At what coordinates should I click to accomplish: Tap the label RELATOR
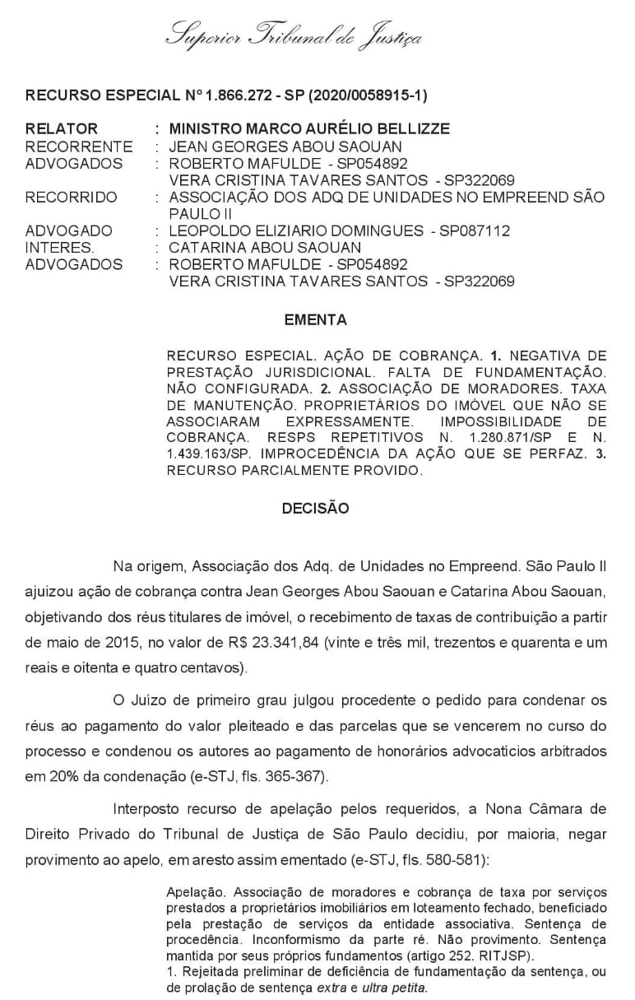coord(62,129)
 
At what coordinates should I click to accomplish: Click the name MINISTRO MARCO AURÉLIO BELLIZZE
coord(309,129)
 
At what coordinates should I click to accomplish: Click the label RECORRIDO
coord(72,198)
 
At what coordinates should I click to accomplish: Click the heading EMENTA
coord(315,320)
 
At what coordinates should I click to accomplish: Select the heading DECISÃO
coord(315,509)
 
